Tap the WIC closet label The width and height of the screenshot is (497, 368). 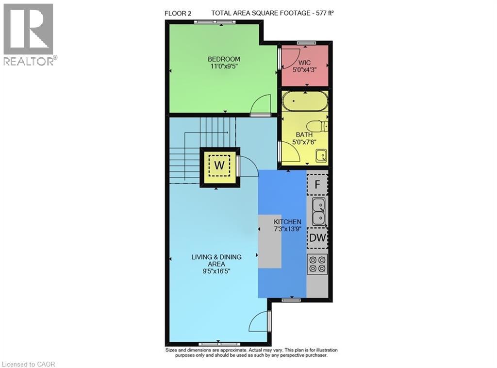pyautogui.click(x=304, y=63)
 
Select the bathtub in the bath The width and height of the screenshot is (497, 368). pyautogui.click(x=305, y=102)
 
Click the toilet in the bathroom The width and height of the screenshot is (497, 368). pyautogui.click(x=320, y=126)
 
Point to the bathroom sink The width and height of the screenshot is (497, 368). pyautogui.click(x=321, y=155)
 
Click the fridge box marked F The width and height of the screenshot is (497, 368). pyautogui.click(x=317, y=184)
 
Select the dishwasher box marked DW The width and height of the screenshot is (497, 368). pyautogui.click(x=317, y=238)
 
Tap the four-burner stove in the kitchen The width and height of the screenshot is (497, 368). pyautogui.click(x=317, y=263)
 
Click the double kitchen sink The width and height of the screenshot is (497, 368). pyautogui.click(x=319, y=211)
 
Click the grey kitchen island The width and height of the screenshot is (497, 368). pyautogui.click(x=269, y=241)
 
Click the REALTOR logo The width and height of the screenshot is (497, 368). pyautogui.click(x=29, y=34)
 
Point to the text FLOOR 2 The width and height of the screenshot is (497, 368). pyautogui.click(x=178, y=14)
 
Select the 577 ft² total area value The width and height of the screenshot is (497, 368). pyautogui.click(x=322, y=14)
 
